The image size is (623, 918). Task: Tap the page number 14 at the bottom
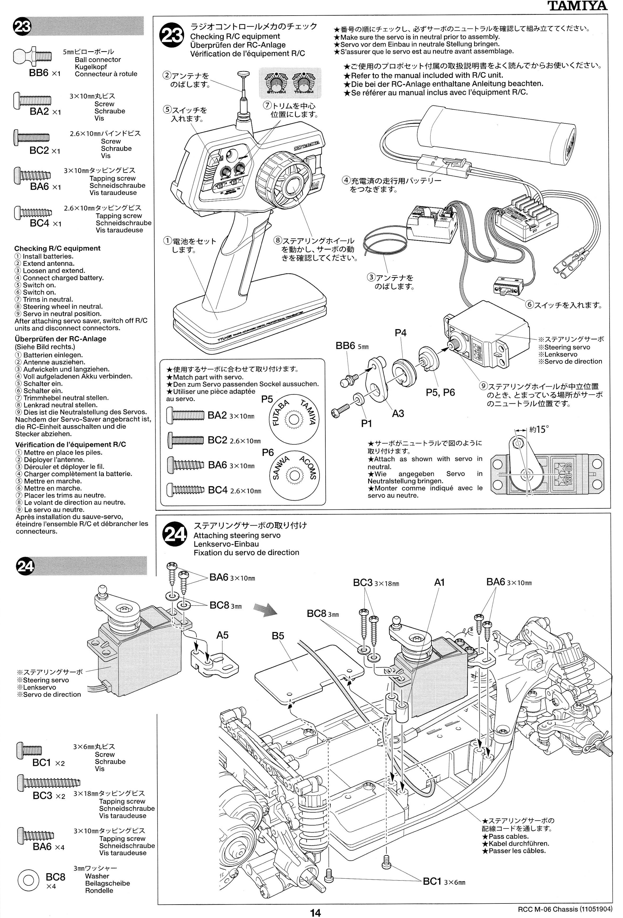point(315,912)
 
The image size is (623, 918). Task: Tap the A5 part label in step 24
point(222,635)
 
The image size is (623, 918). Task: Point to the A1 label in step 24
point(439,582)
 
